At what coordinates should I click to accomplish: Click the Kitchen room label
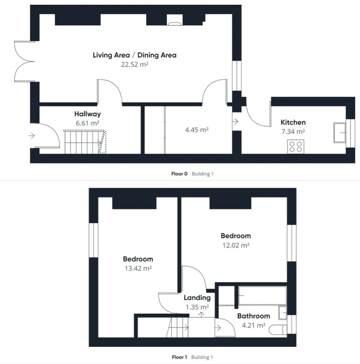(x=293, y=122)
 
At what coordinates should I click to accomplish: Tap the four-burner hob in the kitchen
(x=295, y=146)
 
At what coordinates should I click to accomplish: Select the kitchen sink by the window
(x=340, y=133)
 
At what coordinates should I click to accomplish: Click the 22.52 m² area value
(x=135, y=64)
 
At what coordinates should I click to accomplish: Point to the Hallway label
(x=88, y=114)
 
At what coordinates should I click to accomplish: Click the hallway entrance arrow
(x=32, y=136)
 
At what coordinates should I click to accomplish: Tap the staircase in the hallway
(x=85, y=142)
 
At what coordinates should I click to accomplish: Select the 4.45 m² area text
(x=197, y=130)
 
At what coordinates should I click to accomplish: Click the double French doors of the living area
(x=24, y=62)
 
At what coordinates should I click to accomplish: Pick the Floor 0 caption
(x=179, y=173)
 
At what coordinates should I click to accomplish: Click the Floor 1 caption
(x=179, y=357)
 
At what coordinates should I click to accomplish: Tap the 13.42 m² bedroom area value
(x=138, y=268)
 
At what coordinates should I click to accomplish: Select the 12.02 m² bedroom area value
(x=236, y=245)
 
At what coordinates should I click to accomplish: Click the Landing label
(x=197, y=298)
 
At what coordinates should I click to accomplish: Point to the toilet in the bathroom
(x=278, y=330)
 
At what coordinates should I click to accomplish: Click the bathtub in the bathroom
(x=262, y=296)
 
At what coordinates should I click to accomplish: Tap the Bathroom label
(x=254, y=316)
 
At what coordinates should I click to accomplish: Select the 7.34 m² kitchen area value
(x=293, y=132)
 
